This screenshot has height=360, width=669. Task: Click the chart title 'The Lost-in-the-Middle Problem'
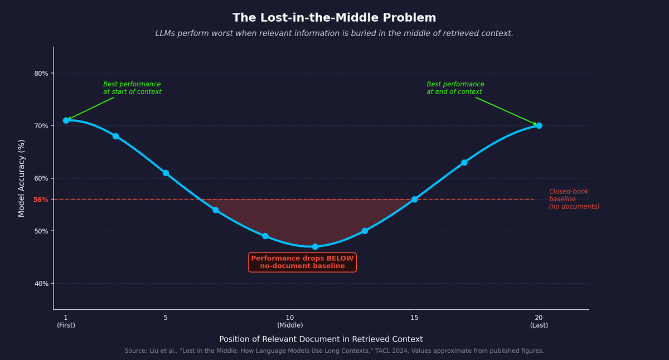[x=334, y=18]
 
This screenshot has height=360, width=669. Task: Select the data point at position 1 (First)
[x=66, y=120]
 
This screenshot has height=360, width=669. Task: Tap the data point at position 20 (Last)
[x=539, y=126]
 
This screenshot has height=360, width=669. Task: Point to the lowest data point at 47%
[x=315, y=247]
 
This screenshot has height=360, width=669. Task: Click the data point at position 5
[x=166, y=173]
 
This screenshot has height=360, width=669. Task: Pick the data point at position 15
[x=414, y=200]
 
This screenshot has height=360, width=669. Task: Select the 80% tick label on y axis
[x=41, y=74]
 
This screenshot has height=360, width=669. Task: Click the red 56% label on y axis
[x=41, y=200]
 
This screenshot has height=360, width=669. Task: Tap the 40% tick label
[x=41, y=284]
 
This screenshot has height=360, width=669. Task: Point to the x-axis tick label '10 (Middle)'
[x=290, y=322]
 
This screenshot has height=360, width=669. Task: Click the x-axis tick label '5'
[x=166, y=318]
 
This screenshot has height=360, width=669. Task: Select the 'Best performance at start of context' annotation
[x=132, y=88]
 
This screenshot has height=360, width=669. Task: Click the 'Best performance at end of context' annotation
[x=455, y=88]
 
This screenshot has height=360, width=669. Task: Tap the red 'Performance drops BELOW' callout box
[x=302, y=262]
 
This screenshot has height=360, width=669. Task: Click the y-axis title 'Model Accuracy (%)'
[x=22, y=178]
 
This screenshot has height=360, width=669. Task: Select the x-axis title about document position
[x=321, y=339]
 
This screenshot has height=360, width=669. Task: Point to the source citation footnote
[x=334, y=351]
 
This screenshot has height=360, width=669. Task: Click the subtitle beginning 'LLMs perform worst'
[x=334, y=33]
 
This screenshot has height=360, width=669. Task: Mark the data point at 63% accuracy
[x=464, y=163]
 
